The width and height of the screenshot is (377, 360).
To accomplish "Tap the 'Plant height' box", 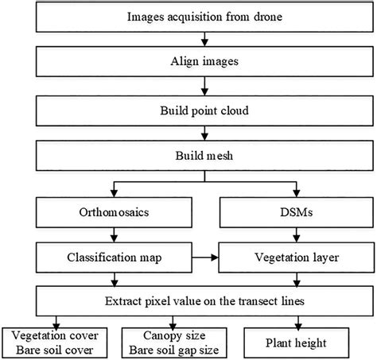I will pyautogui.click(x=300, y=343).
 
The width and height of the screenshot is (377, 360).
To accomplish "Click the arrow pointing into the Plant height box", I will pyautogui.click(x=300, y=321).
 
